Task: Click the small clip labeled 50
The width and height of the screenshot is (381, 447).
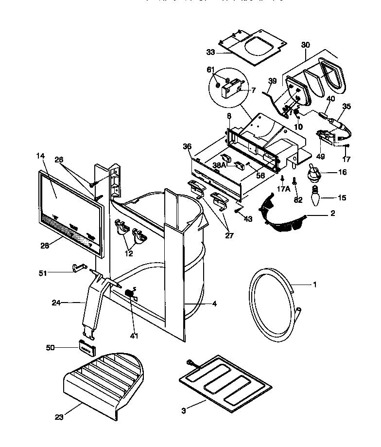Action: tap(87, 347)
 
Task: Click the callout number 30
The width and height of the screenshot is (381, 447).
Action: tap(305, 44)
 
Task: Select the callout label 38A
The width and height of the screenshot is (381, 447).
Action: tap(219, 165)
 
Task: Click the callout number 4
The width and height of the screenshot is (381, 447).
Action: tap(214, 304)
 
